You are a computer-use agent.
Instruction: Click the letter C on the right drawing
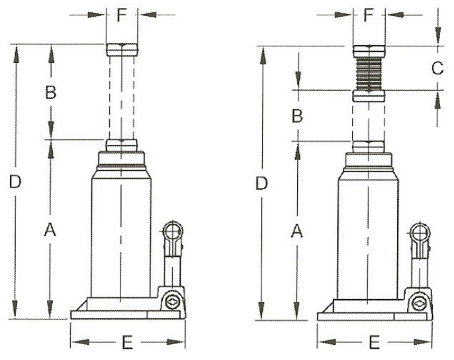437,68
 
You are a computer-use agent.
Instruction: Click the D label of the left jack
15,181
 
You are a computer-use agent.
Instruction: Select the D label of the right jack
261,183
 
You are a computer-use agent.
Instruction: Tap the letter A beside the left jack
50,230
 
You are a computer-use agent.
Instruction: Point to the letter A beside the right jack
296,231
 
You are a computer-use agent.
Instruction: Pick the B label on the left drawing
51,93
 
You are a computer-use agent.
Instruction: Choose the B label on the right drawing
297,116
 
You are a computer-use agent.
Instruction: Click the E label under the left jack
127,342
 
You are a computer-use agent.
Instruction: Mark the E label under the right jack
374,342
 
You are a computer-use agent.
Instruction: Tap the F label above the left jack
122,15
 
